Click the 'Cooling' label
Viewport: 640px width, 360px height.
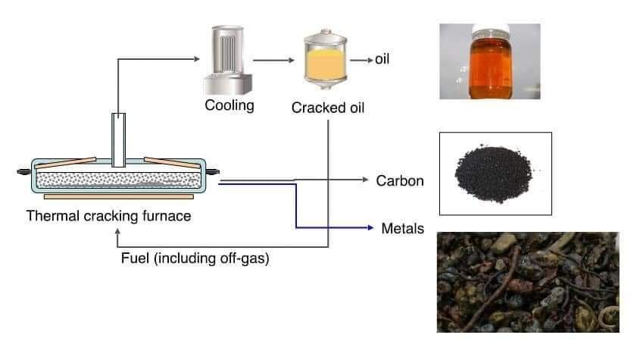(x=229, y=105)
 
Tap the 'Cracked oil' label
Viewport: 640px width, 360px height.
(x=328, y=108)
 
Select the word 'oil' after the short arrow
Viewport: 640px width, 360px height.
(x=382, y=59)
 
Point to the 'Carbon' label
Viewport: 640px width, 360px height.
(x=400, y=180)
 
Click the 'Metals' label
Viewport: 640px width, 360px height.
(x=402, y=228)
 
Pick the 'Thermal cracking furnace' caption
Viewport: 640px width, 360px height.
(x=108, y=216)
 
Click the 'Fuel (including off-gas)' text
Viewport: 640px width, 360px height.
(x=195, y=258)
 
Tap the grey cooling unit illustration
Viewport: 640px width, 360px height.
(x=228, y=60)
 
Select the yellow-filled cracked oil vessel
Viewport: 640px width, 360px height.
(x=326, y=59)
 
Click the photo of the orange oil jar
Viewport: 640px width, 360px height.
(x=490, y=61)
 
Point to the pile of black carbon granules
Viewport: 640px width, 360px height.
(x=494, y=174)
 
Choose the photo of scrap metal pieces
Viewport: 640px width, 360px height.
(x=528, y=283)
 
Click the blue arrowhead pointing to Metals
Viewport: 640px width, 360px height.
(x=370, y=227)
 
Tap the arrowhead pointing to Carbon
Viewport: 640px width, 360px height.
(x=365, y=180)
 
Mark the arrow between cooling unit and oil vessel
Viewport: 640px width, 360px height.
(x=273, y=61)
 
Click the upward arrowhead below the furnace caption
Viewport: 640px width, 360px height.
(x=117, y=231)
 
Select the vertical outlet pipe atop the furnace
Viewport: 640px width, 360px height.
(x=118, y=140)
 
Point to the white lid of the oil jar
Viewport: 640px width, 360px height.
(x=491, y=30)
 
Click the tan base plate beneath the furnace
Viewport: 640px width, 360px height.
(x=119, y=196)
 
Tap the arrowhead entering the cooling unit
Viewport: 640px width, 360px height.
(x=197, y=59)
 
